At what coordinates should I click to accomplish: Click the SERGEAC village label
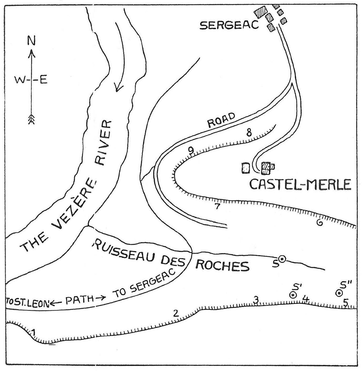coord(229,25)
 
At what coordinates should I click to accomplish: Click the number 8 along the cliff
coord(249,133)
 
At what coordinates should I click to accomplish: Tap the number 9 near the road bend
coord(191,150)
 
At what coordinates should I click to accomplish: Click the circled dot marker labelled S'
coord(293,295)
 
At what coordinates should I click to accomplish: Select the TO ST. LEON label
coord(27,303)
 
